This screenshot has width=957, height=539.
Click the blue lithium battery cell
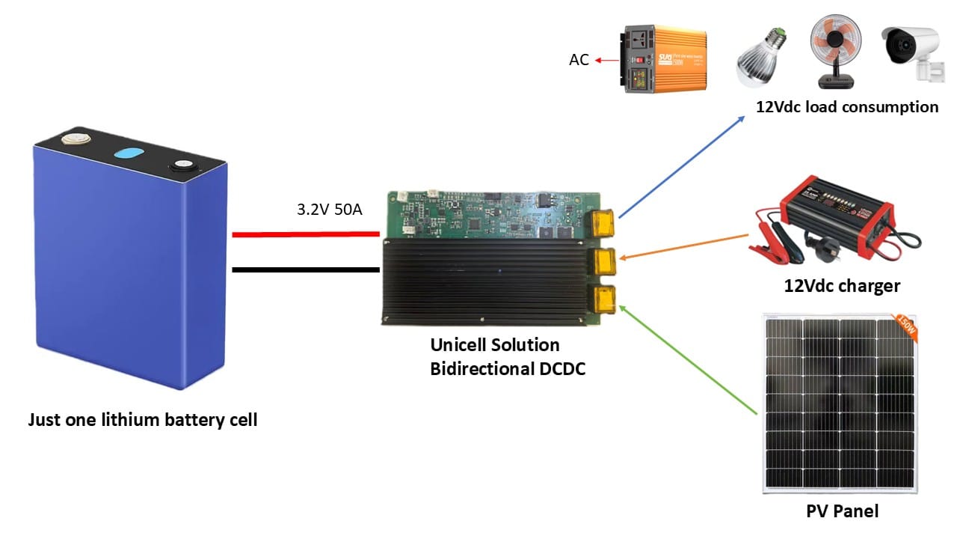click(127, 269)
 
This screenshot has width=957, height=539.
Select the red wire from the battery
click(307, 235)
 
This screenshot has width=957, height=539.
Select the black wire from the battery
click(307, 269)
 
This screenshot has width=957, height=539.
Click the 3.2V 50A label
click(329, 210)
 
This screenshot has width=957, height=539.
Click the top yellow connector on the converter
click(603, 222)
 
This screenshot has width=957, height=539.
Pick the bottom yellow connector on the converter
click(603, 298)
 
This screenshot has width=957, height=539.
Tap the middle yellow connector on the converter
click(603, 261)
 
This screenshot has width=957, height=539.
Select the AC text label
click(579, 60)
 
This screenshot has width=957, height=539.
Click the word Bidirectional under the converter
click(480, 369)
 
